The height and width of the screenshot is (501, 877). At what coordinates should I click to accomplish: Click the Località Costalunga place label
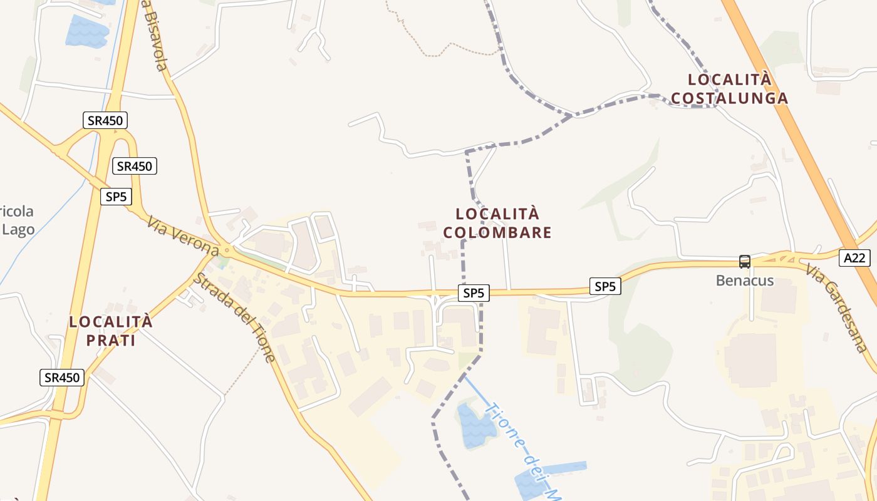(729, 89)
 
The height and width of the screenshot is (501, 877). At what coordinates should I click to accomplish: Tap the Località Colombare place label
(497, 223)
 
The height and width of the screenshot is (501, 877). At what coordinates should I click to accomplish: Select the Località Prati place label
(110, 331)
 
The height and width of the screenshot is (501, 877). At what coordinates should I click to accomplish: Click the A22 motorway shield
(854, 258)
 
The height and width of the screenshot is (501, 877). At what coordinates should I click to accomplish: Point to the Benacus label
(745, 281)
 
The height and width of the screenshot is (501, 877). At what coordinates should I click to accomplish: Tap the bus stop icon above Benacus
(744, 262)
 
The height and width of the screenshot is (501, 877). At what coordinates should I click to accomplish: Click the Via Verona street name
(183, 236)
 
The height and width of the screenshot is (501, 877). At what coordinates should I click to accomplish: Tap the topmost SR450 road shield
(105, 120)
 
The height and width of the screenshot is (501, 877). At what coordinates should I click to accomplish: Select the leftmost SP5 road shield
(116, 197)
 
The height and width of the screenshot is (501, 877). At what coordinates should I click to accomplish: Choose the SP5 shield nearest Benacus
(605, 287)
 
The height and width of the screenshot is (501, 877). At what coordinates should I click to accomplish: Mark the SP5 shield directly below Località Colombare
(474, 292)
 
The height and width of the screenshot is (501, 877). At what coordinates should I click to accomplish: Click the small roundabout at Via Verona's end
(226, 252)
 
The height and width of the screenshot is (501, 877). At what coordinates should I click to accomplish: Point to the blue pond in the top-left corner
(86, 31)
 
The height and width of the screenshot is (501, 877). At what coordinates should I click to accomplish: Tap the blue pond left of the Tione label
(475, 425)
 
